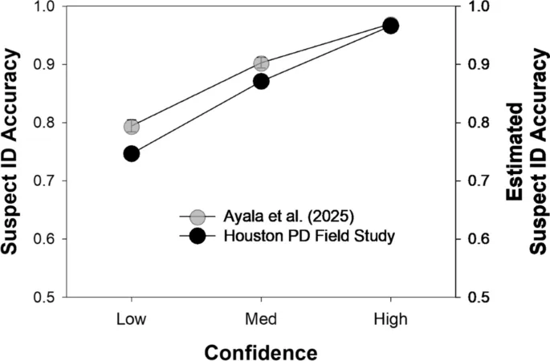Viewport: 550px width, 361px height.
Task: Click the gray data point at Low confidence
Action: point(131,126)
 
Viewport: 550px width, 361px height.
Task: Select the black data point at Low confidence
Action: point(131,153)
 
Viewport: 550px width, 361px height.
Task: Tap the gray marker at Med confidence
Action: point(261,63)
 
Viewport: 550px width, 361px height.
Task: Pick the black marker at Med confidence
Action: point(261,81)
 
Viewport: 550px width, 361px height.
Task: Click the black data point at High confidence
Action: point(390,26)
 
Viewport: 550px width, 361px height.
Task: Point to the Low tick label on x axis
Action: point(131,319)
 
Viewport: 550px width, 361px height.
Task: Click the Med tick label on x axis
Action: point(261,319)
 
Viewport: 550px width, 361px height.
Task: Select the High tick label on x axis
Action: point(390,319)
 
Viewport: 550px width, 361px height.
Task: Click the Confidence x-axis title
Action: point(260,351)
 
